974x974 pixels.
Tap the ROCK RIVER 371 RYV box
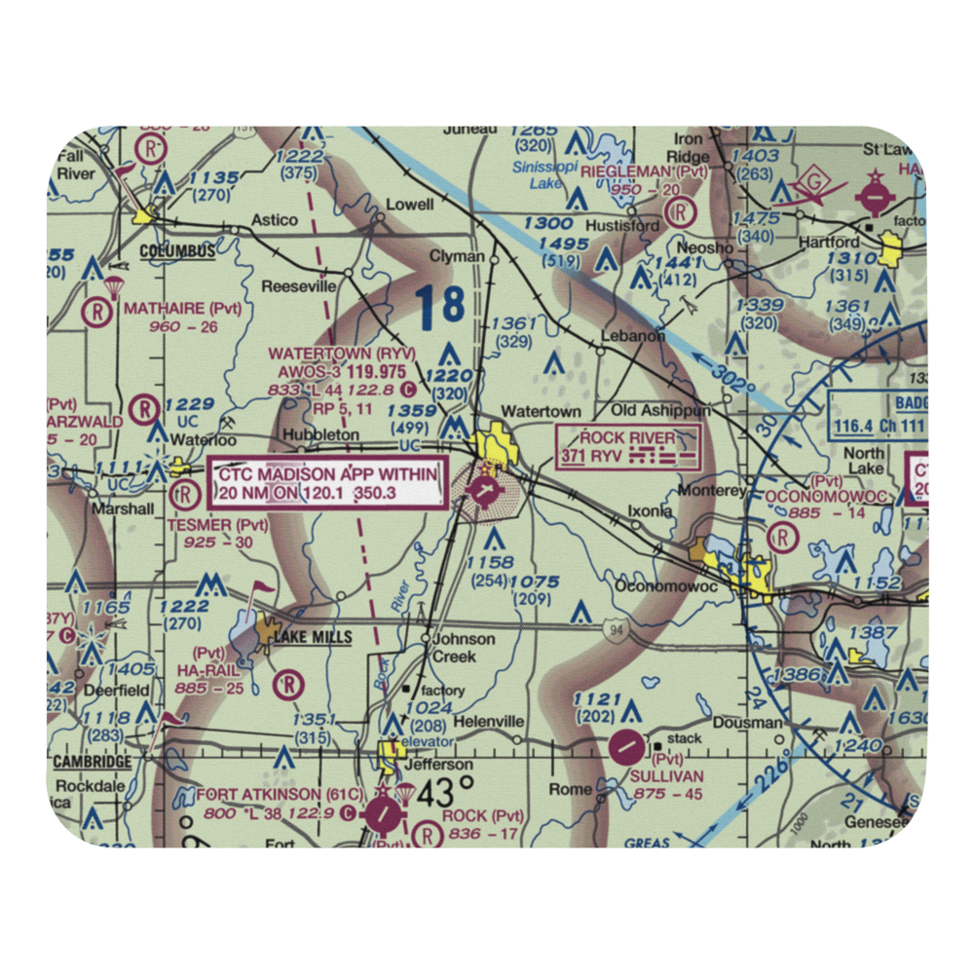(x=627, y=447)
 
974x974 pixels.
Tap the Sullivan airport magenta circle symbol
(x=626, y=748)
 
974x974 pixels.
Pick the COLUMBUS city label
(x=177, y=251)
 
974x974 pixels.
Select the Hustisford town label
(x=624, y=226)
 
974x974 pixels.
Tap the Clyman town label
(x=457, y=256)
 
